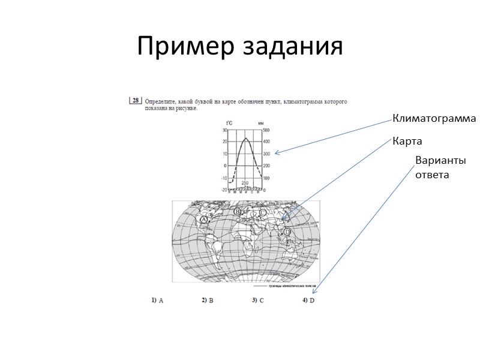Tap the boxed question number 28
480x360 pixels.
click(x=136, y=101)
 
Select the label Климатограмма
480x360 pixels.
click(x=434, y=119)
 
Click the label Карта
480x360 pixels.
click(x=407, y=142)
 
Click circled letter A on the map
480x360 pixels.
click(x=204, y=220)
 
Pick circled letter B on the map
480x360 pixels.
click(x=238, y=212)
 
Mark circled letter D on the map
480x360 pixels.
click(x=287, y=232)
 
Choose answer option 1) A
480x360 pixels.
click(x=157, y=301)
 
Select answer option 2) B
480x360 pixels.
click(x=208, y=301)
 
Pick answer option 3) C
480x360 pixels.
click(x=259, y=301)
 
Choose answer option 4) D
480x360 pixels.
click(x=309, y=301)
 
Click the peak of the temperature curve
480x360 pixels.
click(x=245, y=139)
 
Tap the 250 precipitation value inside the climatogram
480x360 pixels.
click(x=245, y=182)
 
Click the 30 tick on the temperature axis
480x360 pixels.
click(x=224, y=130)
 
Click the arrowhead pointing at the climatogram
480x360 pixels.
click(x=277, y=152)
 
